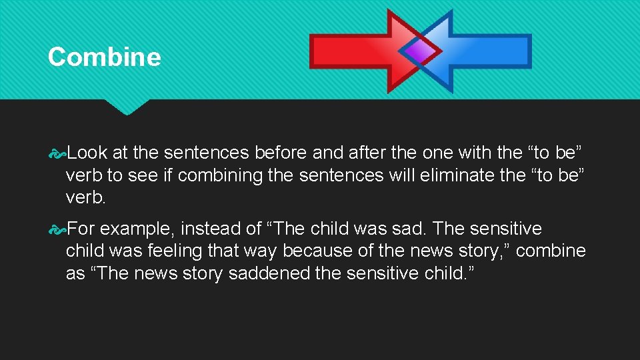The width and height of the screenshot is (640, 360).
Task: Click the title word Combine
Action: (x=104, y=57)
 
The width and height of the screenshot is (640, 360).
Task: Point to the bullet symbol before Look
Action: (x=57, y=153)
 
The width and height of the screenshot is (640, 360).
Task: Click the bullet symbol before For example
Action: (x=57, y=229)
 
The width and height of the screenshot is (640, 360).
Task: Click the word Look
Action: (x=87, y=153)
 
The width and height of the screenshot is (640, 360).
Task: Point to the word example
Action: (x=136, y=229)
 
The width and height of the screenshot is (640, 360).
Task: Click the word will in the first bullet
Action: (x=371, y=175)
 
